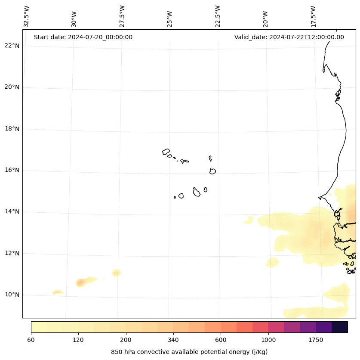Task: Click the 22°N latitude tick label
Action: pyautogui.click(x=12, y=46)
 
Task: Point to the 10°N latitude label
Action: pyautogui.click(x=12, y=295)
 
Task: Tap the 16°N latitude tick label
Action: pyautogui.click(x=12, y=170)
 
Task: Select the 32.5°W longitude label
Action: pyautogui.click(x=27, y=16)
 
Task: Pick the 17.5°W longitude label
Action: pyautogui.click(x=314, y=16)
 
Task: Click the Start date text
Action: pyautogui.click(x=83, y=37)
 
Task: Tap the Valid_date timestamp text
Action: pyautogui.click(x=289, y=37)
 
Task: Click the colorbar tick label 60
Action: pyautogui.click(x=31, y=340)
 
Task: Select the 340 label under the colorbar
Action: pyautogui.click(x=173, y=340)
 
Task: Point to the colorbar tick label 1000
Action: pyautogui.click(x=268, y=340)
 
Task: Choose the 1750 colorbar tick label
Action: pyautogui.click(x=316, y=340)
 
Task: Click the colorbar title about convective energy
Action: pyautogui.click(x=189, y=352)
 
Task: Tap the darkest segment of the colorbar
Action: pyautogui.click(x=340, y=327)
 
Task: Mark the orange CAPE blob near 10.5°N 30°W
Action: pyautogui.click(x=80, y=282)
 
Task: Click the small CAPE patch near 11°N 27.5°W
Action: pyautogui.click(x=116, y=273)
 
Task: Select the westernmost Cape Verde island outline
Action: pyautogui.click(x=166, y=152)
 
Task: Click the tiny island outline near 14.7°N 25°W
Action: pyautogui.click(x=175, y=197)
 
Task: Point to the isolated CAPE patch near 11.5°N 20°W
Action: pyautogui.click(x=272, y=262)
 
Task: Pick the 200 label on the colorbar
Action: pyautogui.click(x=126, y=340)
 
